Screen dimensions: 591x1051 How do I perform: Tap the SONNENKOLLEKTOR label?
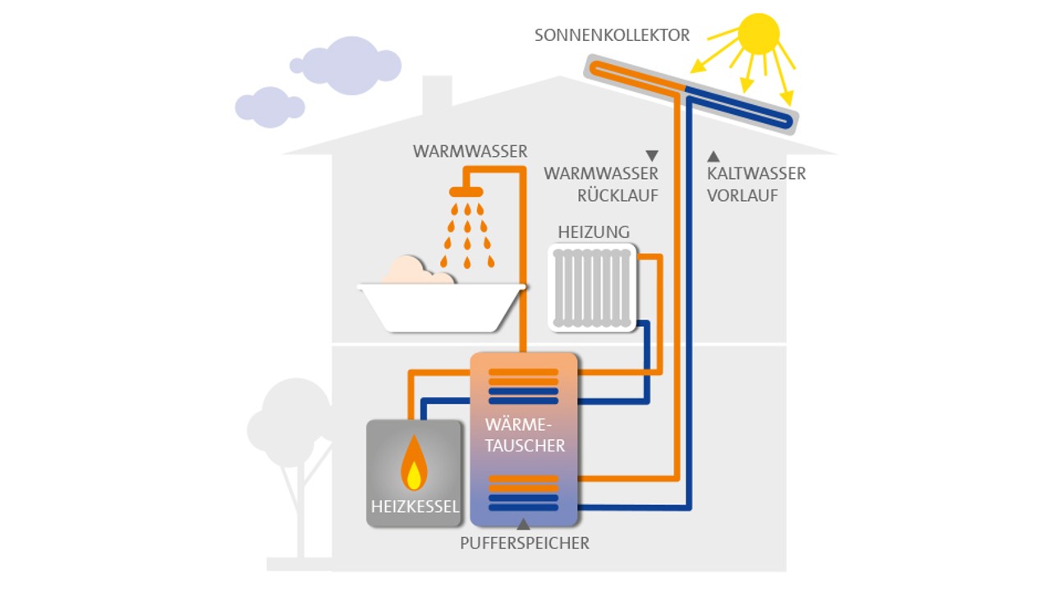point(612,35)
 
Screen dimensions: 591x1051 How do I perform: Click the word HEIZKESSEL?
point(415,506)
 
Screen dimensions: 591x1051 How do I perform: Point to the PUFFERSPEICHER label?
point(525,543)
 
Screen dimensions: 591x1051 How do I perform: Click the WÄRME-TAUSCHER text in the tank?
point(525,435)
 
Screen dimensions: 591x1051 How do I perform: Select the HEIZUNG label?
point(594,232)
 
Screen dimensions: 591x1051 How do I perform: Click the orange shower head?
point(466,192)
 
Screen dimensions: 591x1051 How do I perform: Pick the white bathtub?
point(442,308)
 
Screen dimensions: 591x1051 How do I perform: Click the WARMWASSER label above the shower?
point(470,152)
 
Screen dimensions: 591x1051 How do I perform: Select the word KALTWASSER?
point(756,174)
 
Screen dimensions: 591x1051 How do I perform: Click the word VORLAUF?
point(742,196)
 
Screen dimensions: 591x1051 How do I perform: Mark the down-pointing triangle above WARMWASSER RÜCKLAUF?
point(652,155)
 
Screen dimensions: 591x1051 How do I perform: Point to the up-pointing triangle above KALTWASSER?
point(714,155)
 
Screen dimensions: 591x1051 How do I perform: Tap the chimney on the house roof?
point(437,97)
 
